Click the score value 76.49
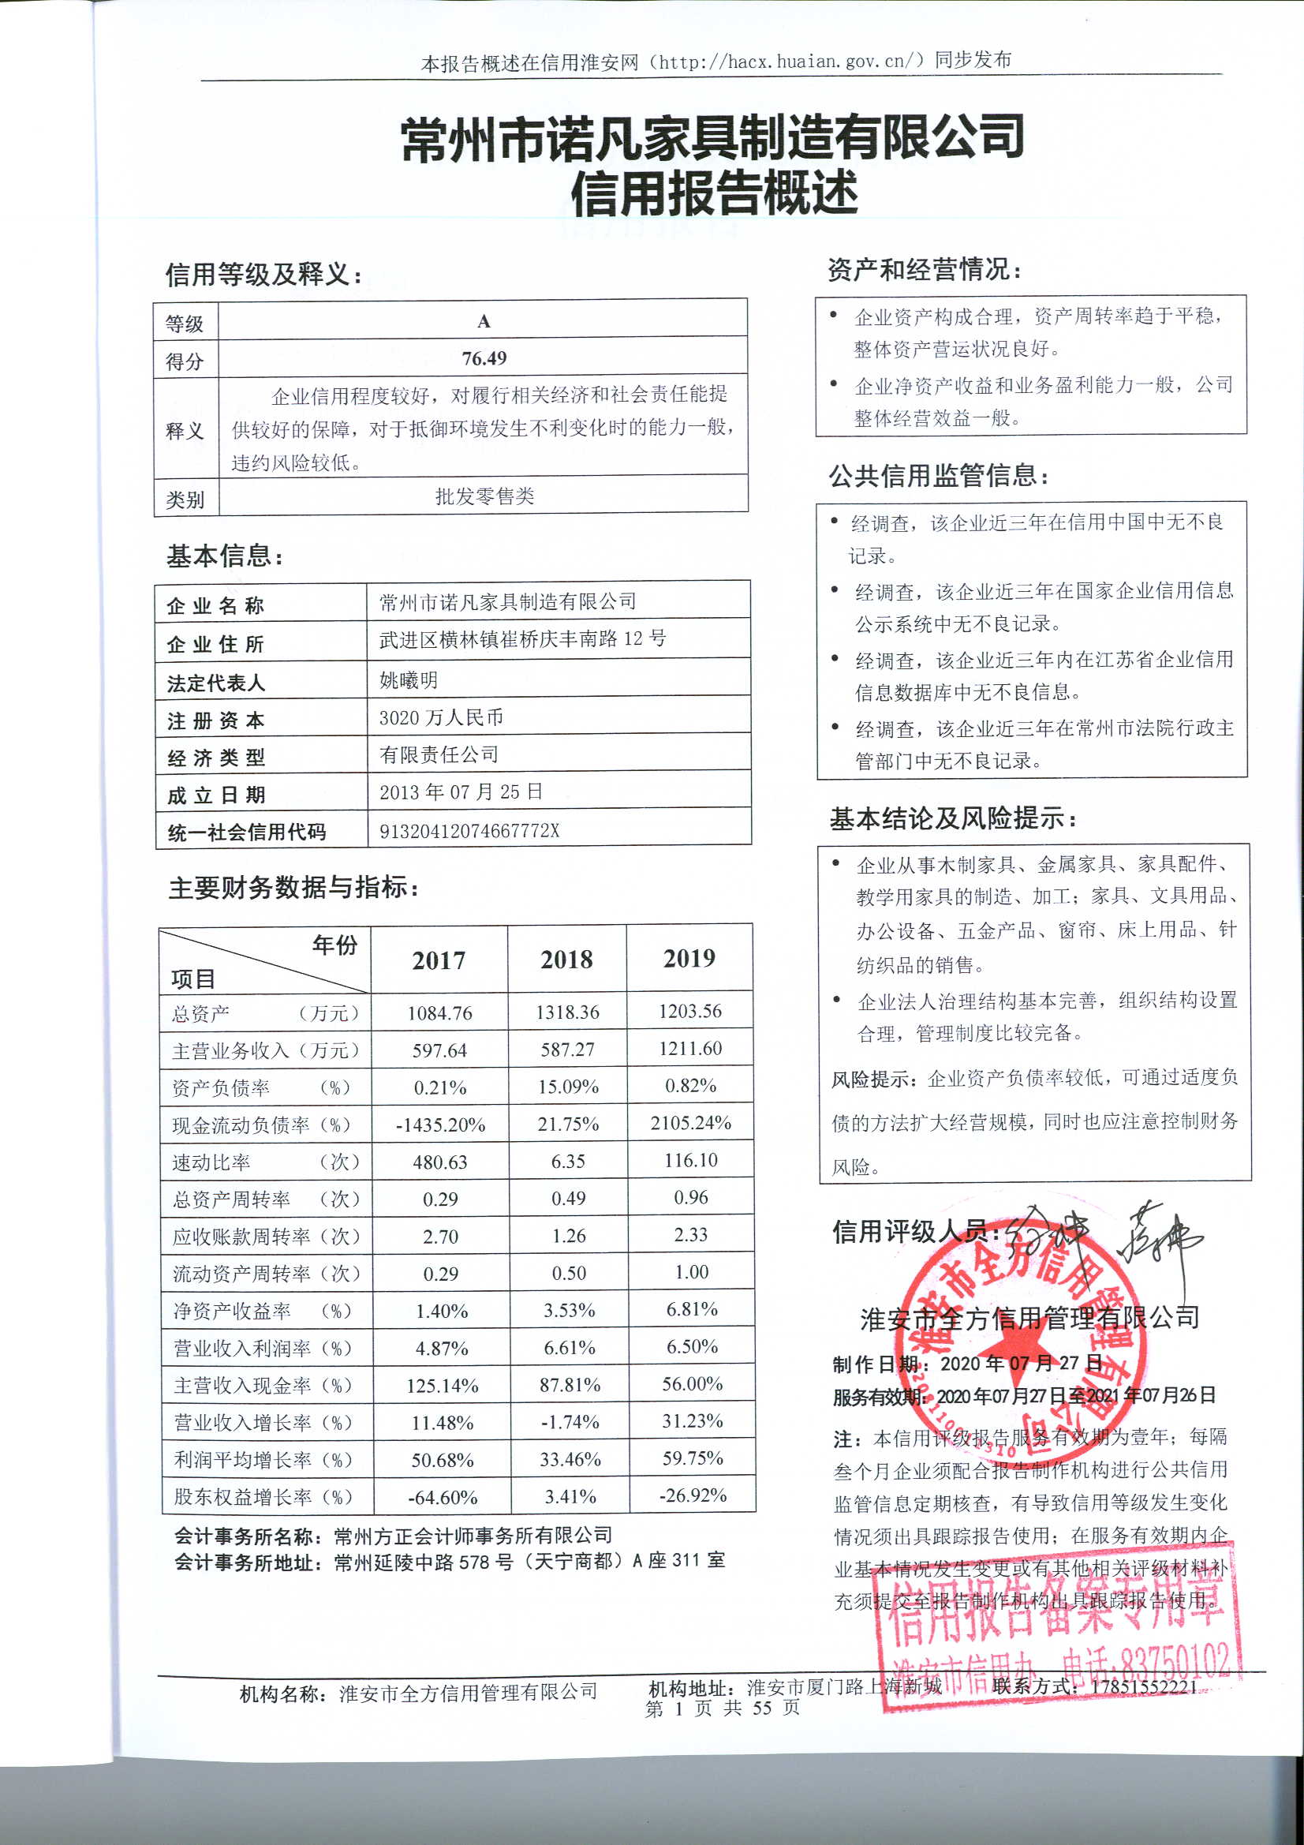484,358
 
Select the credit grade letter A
484,322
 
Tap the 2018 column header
566,960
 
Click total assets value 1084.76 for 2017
439,1013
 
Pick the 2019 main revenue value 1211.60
690,1049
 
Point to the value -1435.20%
440,1125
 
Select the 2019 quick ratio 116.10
691,1160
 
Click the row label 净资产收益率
232,1312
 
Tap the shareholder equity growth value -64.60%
442,1498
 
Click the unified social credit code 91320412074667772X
469,831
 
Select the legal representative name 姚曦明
408,680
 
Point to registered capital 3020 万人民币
441,717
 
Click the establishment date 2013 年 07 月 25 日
461,792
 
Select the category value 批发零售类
484,496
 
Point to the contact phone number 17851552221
1142,1686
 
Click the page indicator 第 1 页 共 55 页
723,1708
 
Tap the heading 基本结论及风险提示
952,819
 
